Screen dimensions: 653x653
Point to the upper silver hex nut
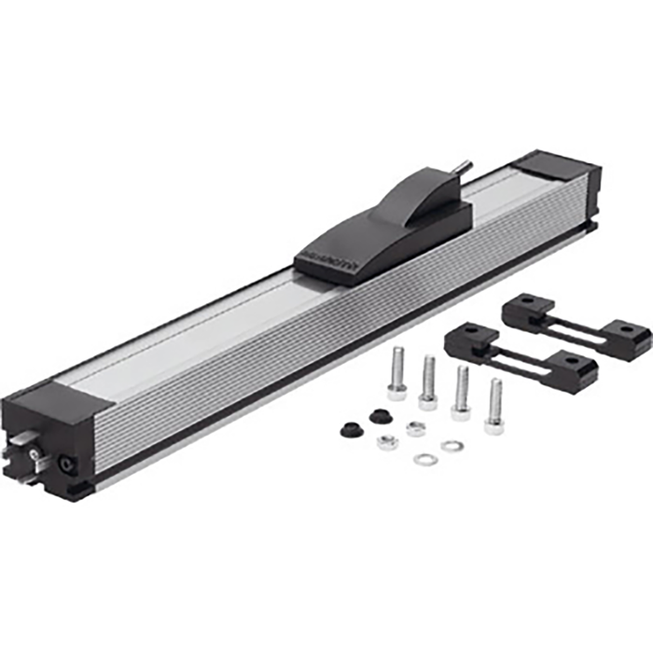point(416,429)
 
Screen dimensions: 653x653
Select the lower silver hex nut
point(387,442)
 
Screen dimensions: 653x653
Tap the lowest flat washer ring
point(426,459)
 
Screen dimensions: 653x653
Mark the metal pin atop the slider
point(465,168)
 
